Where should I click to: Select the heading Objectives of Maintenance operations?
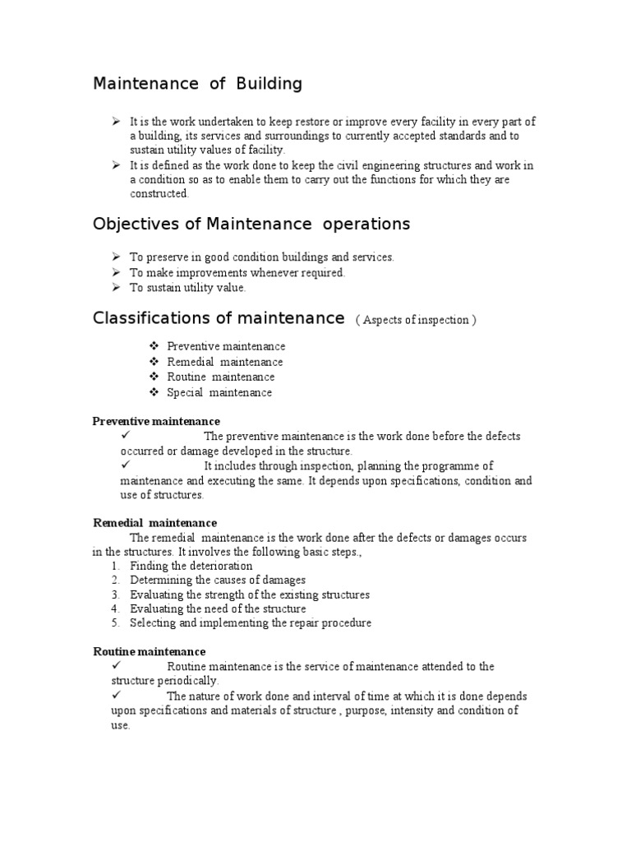tap(251, 224)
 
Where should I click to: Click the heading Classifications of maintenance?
tap(218, 318)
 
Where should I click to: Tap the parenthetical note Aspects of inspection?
tap(416, 320)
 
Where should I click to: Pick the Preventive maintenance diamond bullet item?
tap(226, 347)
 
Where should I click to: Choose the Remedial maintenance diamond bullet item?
tap(224, 362)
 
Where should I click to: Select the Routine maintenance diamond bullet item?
tap(220, 377)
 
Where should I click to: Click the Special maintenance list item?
tap(219, 392)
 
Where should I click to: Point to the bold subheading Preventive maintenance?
tap(156, 422)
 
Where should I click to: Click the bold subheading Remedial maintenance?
tap(154, 523)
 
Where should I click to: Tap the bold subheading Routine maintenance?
tap(149, 651)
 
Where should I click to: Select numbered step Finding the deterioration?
tap(191, 567)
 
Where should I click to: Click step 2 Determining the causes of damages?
tap(218, 581)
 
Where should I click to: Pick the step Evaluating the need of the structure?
tap(218, 609)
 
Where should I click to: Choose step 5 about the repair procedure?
tap(251, 623)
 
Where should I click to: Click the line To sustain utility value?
tap(188, 288)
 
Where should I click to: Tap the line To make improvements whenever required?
tap(237, 273)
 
